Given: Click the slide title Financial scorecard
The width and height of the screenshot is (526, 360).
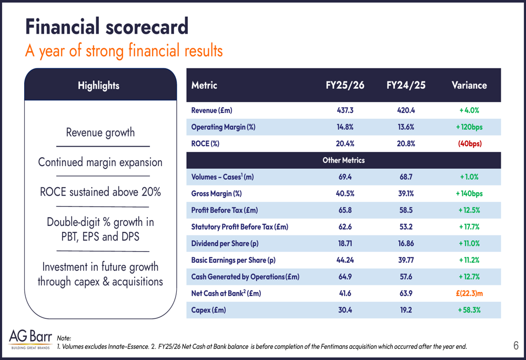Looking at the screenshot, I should (x=107, y=26).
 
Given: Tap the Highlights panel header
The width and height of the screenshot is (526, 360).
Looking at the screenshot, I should (x=98, y=85).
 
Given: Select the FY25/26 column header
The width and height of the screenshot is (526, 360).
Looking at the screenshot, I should (x=345, y=85).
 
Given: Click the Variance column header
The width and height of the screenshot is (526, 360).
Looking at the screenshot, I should (x=469, y=85).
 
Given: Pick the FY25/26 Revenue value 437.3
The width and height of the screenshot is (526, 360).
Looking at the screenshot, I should (x=345, y=110).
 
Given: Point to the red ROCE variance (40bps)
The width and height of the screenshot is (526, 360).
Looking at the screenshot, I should (x=469, y=143).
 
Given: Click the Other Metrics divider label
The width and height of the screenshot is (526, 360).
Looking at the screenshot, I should (x=343, y=160).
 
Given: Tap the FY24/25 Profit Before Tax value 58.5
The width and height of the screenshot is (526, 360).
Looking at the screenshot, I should (x=406, y=210).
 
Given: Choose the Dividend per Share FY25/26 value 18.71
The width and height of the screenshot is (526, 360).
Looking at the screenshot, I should (x=345, y=243).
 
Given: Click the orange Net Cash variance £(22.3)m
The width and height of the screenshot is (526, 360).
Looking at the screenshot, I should (x=469, y=293).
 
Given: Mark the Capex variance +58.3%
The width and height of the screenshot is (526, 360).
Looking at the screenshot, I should (x=469, y=310).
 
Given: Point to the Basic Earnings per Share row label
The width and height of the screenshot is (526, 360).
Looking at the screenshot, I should (x=233, y=260).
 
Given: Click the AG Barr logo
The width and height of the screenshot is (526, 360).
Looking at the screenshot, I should (x=31, y=339).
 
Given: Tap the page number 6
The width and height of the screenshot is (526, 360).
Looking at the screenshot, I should (x=515, y=345).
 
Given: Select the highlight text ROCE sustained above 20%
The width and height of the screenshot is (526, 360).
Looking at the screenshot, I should (x=100, y=192).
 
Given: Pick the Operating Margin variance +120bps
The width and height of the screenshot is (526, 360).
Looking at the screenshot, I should (x=469, y=127).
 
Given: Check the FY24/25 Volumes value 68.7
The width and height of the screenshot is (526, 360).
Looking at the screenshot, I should (x=406, y=177).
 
